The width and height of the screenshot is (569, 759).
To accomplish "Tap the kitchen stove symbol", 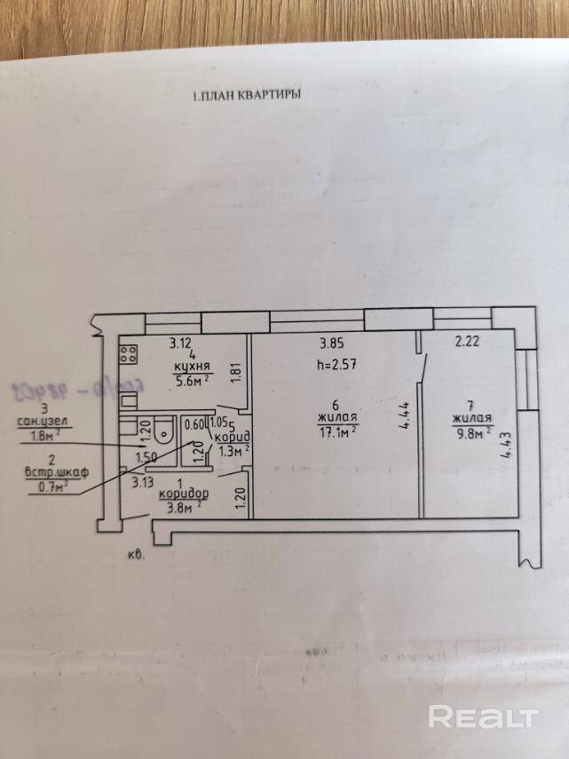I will coord(128,355).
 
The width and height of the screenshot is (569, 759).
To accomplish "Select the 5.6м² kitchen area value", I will coord(191,381).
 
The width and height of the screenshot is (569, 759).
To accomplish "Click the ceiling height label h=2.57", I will coord(337,365).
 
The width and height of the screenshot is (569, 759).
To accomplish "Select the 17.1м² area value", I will coord(337,431).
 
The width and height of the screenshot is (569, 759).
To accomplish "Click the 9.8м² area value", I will coord(470,434).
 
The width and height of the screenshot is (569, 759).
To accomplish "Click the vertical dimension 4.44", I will coord(404,417).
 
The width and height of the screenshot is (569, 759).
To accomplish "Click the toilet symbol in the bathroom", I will coord(162,432).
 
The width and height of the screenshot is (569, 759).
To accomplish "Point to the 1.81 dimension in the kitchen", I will coord(235,374).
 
